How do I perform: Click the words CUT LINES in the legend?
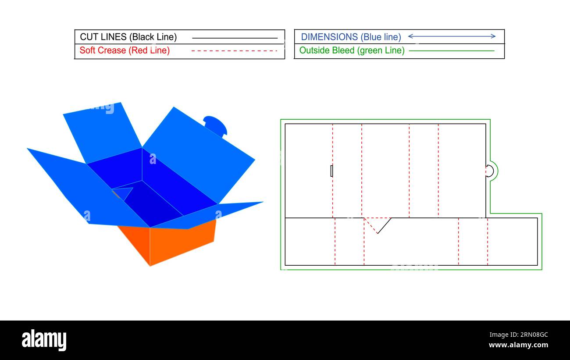[103, 37]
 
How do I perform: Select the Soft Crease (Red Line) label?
[125, 50]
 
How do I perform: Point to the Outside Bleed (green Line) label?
[352, 50]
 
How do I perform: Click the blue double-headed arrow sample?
[452, 36]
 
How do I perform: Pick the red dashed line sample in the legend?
[234, 51]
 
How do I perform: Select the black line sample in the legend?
[235, 38]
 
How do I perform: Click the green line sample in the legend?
[451, 51]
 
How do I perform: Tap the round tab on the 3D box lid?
[215, 124]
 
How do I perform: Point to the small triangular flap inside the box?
[124, 192]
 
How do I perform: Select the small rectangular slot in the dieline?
[331, 171]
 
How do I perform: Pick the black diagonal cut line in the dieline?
[384, 225]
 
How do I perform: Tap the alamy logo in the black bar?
[44, 340]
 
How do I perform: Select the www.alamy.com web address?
[517, 345]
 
